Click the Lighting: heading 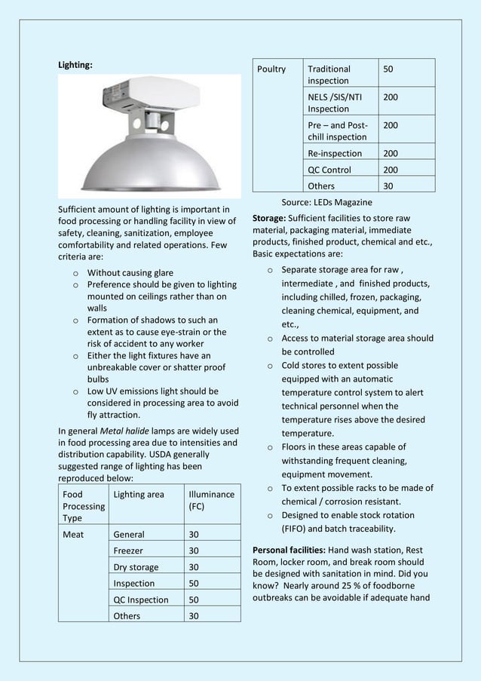coord(75,65)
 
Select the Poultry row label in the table coord(271,69)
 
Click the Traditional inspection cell coord(329,75)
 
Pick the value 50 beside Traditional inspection coord(388,69)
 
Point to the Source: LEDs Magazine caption coord(326,202)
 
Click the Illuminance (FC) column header coord(211,501)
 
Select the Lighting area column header coord(138,495)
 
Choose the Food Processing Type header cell coord(83,507)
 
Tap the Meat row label coord(74,535)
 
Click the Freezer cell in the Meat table coord(130,551)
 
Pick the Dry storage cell coord(136,567)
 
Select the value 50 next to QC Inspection coord(194,600)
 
